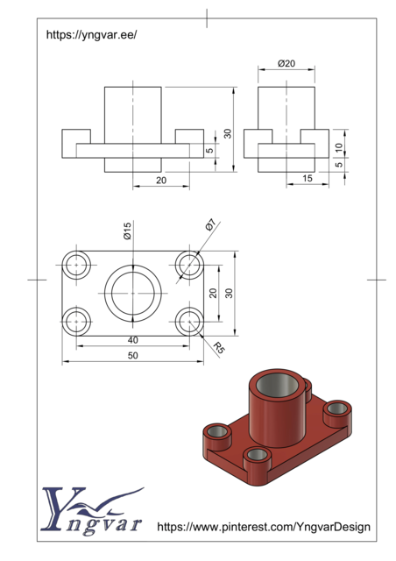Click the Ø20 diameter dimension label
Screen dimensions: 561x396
[x=286, y=64]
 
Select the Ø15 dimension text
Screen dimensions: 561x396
[x=127, y=231]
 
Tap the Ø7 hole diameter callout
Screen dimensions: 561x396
[x=210, y=225]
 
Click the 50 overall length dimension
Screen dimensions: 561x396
[x=132, y=356]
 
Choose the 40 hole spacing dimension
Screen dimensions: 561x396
[x=132, y=340]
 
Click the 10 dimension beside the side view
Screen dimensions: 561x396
[x=339, y=146]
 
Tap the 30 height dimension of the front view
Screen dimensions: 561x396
[x=228, y=133]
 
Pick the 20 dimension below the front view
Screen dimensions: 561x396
[x=161, y=180]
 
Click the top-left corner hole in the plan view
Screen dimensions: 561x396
[x=77, y=264]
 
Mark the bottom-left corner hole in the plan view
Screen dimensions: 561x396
[x=77, y=321]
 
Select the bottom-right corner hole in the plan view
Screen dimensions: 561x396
[x=188, y=321]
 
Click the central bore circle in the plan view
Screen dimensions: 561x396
[x=132, y=293]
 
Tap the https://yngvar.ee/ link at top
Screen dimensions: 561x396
[x=91, y=35]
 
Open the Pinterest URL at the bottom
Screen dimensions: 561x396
[x=263, y=527]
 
